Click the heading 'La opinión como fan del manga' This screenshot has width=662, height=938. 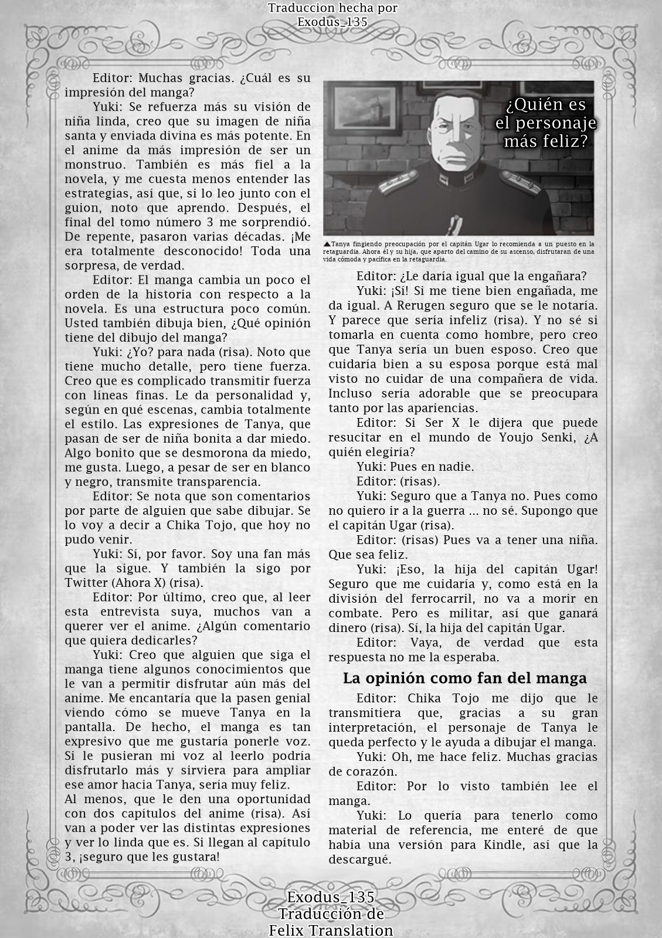click(x=464, y=678)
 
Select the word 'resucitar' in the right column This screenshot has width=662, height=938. click(x=355, y=437)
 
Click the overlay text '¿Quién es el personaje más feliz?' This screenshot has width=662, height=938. click(x=546, y=123)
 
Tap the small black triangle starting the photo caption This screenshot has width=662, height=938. click(x=326, y=244)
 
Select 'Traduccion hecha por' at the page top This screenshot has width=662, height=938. click(x=332, y=8)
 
